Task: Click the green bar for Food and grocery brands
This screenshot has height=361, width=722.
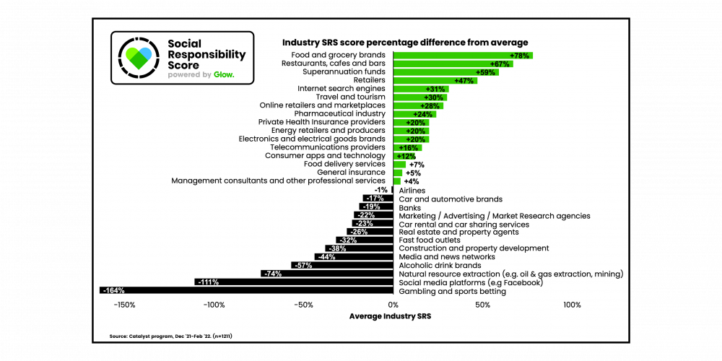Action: pyautogui.click(x=462, y=56)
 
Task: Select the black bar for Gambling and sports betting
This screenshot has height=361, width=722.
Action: pyautogui.click(x=245, y=290)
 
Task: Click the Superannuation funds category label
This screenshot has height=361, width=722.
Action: pyautogui.click(x=344, y=72)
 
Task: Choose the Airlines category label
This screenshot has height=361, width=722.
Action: pyautogui.click(x=412, y=190)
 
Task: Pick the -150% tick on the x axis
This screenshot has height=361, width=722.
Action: pyautogui.click(x=124, y=305)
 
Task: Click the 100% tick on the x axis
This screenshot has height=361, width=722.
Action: pyautogui.click(x=572, y=305)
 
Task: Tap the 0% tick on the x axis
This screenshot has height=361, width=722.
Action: pyautogui.click(x=393, y=305)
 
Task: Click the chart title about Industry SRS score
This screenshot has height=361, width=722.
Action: pyautogui.click(x=405, y=43)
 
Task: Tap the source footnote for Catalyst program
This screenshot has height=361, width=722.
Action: pyautogui.click(x=171, y=336)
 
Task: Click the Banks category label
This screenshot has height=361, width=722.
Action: pyautogui.click(x=410, y=207)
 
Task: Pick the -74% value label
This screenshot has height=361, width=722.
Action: pyautogui.click(x=272, y=274)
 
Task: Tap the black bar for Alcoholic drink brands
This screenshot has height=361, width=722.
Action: pyautogui.click(x=343, y=265)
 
